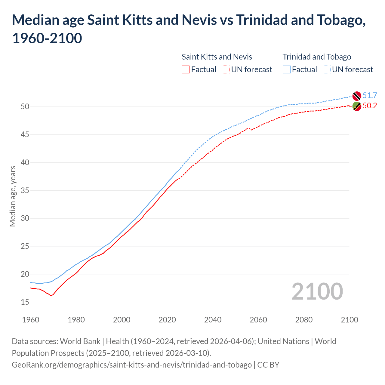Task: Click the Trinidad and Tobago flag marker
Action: (357, 96)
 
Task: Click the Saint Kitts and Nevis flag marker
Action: (357, 106)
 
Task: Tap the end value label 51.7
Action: (370, 95)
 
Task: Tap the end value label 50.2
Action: (370, 106)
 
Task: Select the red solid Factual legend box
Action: (186, 69)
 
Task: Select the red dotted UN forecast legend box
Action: (226, 69)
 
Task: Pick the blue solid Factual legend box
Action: (287, 69)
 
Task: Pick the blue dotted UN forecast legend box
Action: (327, 69)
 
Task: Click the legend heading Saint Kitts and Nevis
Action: (217, 57)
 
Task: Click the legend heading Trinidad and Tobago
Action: (317, 57)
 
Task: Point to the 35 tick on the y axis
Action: (25, 190)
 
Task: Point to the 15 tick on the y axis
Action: (25, 302)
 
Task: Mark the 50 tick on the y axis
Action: (25, 106)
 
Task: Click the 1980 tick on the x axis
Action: (76, 320)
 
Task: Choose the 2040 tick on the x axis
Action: (213, 320)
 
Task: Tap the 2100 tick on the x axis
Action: (349, 320)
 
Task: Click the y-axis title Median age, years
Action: (13, 196)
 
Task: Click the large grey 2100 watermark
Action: (317, 291)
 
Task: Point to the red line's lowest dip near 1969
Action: (51, 296)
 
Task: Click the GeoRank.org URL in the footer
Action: (132, 365)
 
